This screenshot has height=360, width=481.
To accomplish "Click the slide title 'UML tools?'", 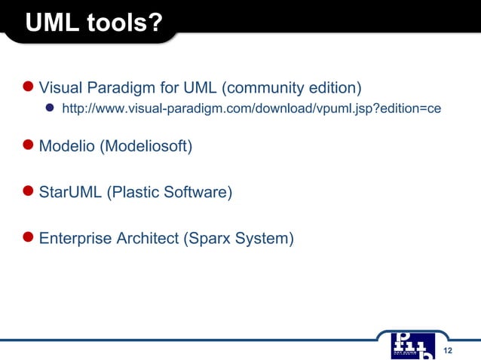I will coord(93,23).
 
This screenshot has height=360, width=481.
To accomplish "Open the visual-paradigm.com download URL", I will coord(250,109).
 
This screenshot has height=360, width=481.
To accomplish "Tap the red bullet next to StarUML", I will coord(28,191).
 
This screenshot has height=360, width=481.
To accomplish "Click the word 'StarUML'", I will coord(69,192).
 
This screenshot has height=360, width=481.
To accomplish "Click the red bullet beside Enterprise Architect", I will coord(28,238).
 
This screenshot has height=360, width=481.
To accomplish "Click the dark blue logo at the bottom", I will coord(413,345).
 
